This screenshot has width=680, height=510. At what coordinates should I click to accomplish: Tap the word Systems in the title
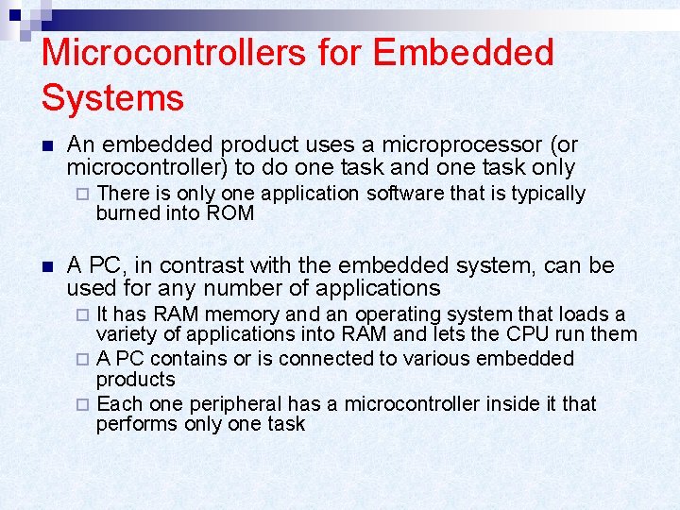112,97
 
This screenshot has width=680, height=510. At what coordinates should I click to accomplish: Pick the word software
402,194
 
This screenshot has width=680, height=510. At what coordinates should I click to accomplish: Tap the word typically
549,194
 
